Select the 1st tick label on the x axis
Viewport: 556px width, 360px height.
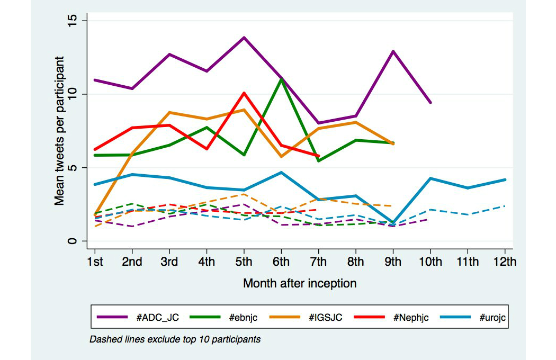[95, 262]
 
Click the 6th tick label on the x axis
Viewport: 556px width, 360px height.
[281, 262]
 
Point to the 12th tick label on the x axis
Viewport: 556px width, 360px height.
[505, 262]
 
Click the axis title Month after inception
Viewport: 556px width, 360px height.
[300, 284]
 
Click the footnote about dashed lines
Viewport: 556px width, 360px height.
[175, 339]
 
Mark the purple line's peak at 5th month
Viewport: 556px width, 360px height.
[244, 38]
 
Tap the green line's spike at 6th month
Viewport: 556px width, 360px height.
[281, 79]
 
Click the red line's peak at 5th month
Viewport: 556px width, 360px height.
[244, 93]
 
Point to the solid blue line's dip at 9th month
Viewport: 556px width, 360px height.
[393, 223]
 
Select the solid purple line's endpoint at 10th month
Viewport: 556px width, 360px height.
[431, 102]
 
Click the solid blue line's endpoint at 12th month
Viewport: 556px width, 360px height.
[505, 180]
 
